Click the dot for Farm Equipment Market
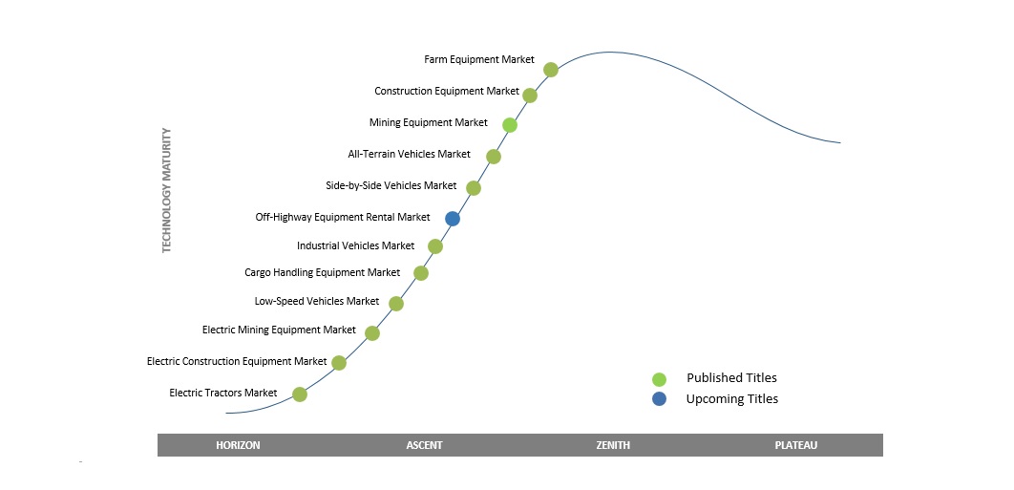click(550, 69)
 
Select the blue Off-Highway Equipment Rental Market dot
click(453, 219)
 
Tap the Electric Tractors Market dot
click(300, 394)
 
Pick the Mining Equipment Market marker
click(510, 125)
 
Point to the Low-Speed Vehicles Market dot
click(396, 304)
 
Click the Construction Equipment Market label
click(447, 92)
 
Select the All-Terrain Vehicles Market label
click(409, 154)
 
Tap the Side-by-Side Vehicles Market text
click(391, 185)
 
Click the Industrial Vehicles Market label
click(355, 245)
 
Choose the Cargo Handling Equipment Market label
click(322, 272)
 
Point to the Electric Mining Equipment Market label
click(279, 330)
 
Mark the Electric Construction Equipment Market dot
click(338, 363)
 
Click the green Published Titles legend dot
click(659, 379)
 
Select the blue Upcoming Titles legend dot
click(659, 398)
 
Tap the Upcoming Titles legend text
click(731, 398)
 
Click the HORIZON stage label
click(238, 445)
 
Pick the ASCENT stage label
click(424, 445)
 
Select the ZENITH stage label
click(613, 445)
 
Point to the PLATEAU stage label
click(796, 445)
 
